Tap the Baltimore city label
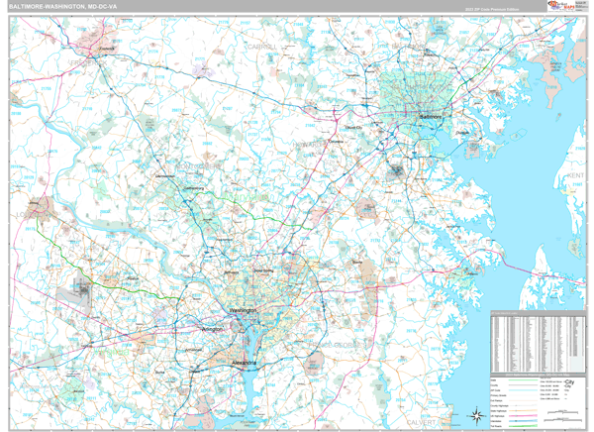click(x=429, y=117)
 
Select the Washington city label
click(x=243, y=311)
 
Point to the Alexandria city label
click(x=244, y=363)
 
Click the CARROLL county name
click(x=262, y=46)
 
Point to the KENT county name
click(x=576, y=174)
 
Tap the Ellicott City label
click(x=353, y=128)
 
